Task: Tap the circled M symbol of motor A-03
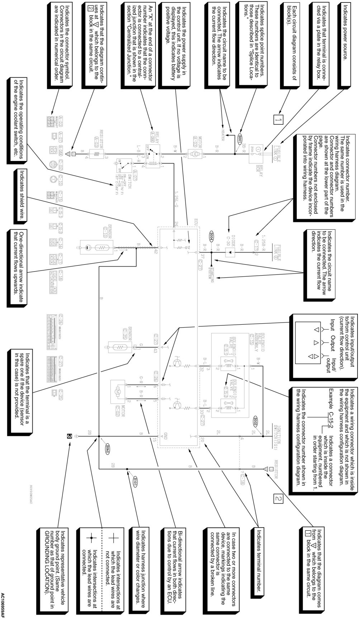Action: pos(195,153)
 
